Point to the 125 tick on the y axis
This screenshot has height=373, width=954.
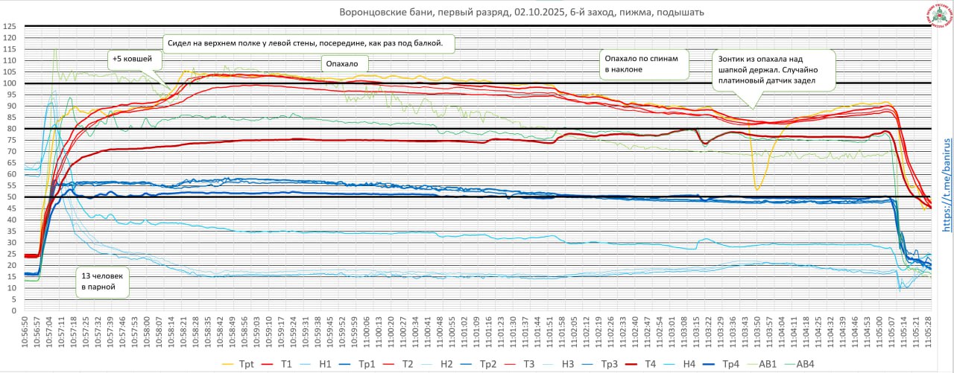[x=10, y=26]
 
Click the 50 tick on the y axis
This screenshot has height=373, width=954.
[x=11, y=197]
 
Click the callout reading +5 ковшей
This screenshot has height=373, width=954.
[x=131, y=59]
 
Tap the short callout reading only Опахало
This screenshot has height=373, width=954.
[x=341, y=65]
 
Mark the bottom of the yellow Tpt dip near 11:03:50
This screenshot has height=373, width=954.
[x=756, y=190]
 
